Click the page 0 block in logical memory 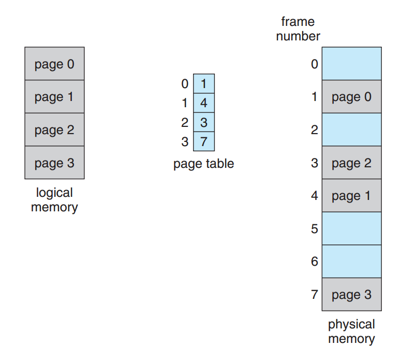(x=54, y=64)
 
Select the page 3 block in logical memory (x=54, y=163)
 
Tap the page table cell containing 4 (x=204, y=103)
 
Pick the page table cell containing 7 (x=204, y=141)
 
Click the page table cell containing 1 (x=204, y=83)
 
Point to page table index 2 (x=185, y=123)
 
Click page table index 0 (x=185, y=84)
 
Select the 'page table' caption (x=203, y=164)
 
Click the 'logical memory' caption (x=54, y=200)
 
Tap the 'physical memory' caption (x=351, y=332)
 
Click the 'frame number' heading (x=298, y=29)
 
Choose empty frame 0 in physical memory (x=352, y=64)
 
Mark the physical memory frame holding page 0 (x=352, y=96)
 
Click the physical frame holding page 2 (x=352, y=163)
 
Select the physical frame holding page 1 (x=352, y=196)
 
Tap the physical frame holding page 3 (x=352, y=294)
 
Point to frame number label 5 (x=315, y=229)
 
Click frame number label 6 (x=315, y=262)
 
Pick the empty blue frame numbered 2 (x=352, y=129)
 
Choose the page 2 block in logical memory (x=54, y=129)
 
